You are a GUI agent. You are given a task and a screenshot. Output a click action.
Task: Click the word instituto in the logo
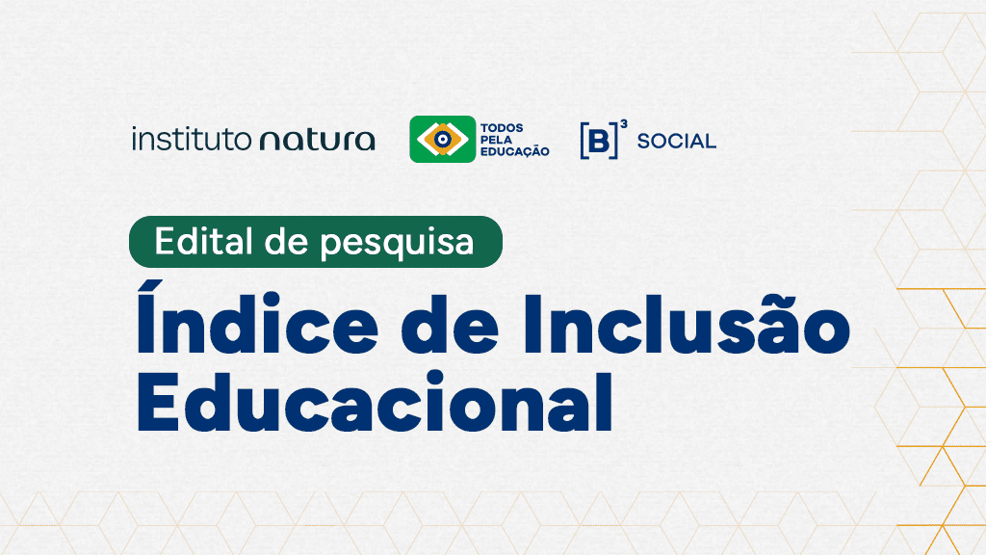[x=192, y=139]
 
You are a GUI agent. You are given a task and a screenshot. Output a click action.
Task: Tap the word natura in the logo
[x=318, y=141]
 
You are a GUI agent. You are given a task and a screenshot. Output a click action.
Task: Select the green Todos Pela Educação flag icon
[x=443, y=139]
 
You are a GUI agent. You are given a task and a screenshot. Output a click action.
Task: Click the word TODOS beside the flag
[x=502, y=128]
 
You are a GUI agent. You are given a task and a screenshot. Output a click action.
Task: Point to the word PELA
[x=497, y=140]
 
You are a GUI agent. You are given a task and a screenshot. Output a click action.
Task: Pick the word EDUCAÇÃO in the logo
[x=515, y=151]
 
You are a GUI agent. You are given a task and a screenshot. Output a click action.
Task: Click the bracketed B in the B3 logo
[x=599, y=141]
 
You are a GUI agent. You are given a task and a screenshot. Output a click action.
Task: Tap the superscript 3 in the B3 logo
[x=623, y=124]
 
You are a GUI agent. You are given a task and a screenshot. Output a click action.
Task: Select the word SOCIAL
[x=677, y=141]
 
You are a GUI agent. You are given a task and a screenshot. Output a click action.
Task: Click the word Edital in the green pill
[x=204, y=241]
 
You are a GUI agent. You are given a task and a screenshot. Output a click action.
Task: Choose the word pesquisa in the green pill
[x=397, y=244]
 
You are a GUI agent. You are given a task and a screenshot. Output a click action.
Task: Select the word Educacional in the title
[x=375, y=402]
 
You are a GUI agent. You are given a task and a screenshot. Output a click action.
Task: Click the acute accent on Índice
[x=151, y=288]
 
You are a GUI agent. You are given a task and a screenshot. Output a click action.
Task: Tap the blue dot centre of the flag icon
[x=443, y=139]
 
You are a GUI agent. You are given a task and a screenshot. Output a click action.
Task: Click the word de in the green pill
[x=287, y=241]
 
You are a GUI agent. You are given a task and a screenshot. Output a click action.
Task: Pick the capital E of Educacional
[x=156, y=402]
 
